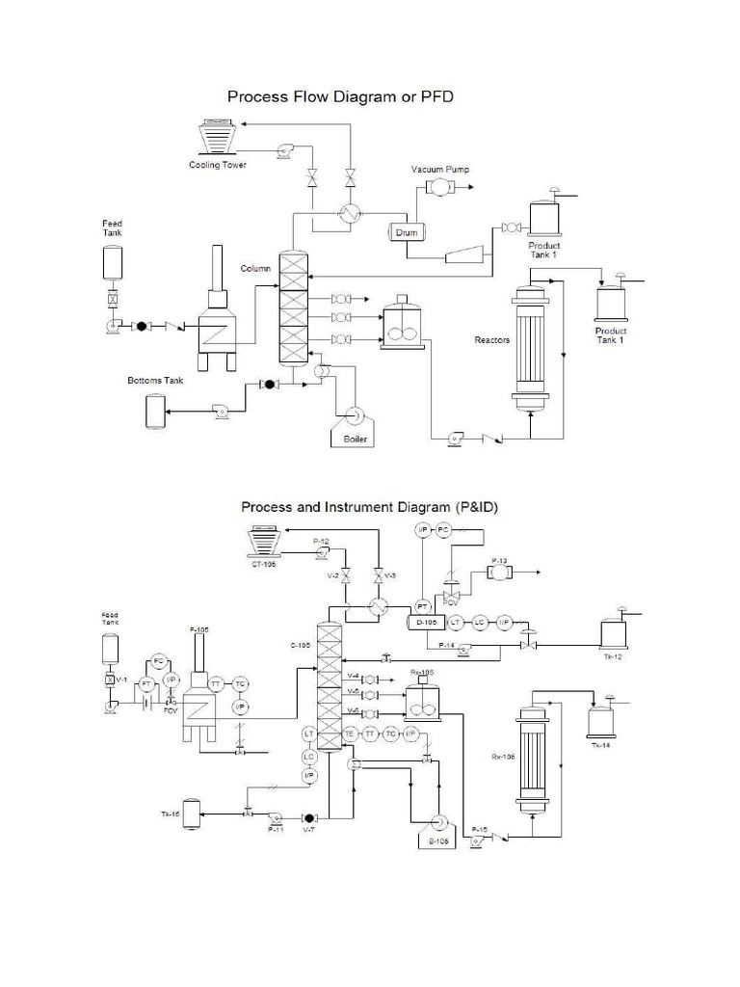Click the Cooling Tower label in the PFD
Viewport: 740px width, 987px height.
click(217, 165)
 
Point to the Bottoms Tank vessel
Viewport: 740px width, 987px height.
click(154, 411)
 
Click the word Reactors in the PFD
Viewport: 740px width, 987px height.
click(492, 339)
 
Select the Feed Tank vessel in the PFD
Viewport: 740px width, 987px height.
click(114, 263)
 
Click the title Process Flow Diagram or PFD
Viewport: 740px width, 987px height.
click(339, 97)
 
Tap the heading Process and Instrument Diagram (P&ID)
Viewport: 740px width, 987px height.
click(369, 506)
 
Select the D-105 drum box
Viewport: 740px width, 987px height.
click(424, 623)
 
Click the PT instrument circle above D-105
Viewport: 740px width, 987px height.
click(421, 605)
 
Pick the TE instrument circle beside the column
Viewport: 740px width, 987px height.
click(350, 734)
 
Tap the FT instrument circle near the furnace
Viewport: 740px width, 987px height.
click(146, 683)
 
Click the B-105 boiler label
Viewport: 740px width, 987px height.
click(439, 840)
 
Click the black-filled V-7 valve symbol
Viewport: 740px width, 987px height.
click(309, 817)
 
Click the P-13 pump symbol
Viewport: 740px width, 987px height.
click(499, 573)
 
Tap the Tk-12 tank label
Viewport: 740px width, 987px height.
click(613, 656)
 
